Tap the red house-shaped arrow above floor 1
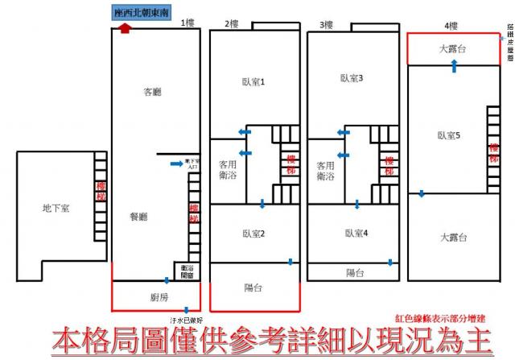[x=124, y=27]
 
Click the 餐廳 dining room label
[x=139, y=217]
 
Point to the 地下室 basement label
[x=56, y=208]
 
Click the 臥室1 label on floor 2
[x=253, y=81]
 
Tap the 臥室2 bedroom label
[x=254, y=234]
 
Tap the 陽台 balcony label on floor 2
[x=253, y=288]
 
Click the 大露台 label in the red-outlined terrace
[x=453, y=49]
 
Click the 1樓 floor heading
[x=188, y=23]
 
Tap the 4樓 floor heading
[x=451, y=24]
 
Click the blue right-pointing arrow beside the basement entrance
[x=176, y=163]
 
